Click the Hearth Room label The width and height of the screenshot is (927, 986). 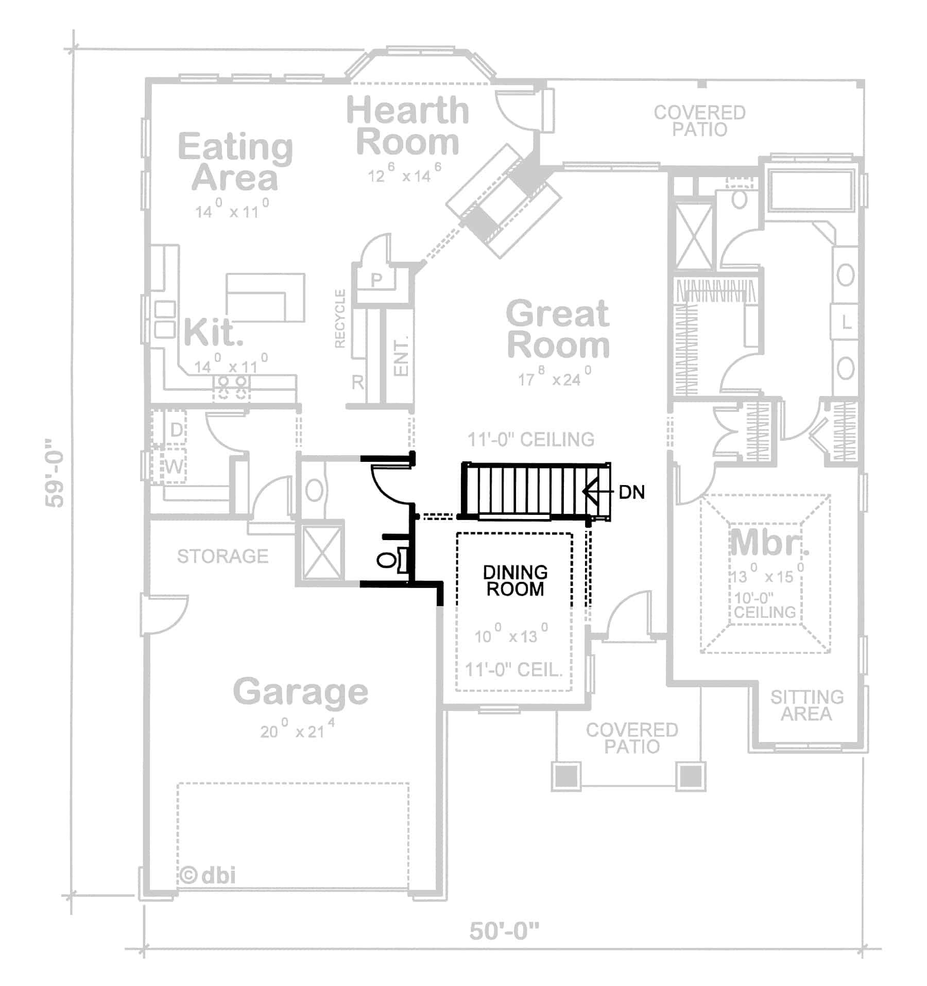click(x=407, y=126)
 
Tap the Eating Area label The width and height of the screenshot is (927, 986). click(x=235, y=162)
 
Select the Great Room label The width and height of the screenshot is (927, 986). click(x=558, y=330)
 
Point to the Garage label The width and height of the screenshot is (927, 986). click(x=301, y=691)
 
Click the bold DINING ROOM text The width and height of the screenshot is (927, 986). click(x=515, y=580)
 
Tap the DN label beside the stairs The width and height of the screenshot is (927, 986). click(x=631, y=492)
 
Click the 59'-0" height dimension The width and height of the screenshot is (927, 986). click(x=55, y=473)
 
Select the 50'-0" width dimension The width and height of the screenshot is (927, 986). click(x=504, y=931)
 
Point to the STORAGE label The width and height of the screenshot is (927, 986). click(x=222, y=556)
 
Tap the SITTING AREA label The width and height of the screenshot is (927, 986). click(x=806, y=705)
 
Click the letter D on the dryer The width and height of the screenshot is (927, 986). click(x=176, y=429)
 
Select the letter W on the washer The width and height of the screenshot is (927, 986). click(x=174, y=466)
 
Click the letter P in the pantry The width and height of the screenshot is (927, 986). click(x=376, y=280)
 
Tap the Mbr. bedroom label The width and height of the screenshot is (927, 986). click(x=769, y=542)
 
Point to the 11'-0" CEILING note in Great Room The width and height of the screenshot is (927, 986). click(x=530, y=439)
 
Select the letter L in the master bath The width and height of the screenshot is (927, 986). click(x=846, y=323)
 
